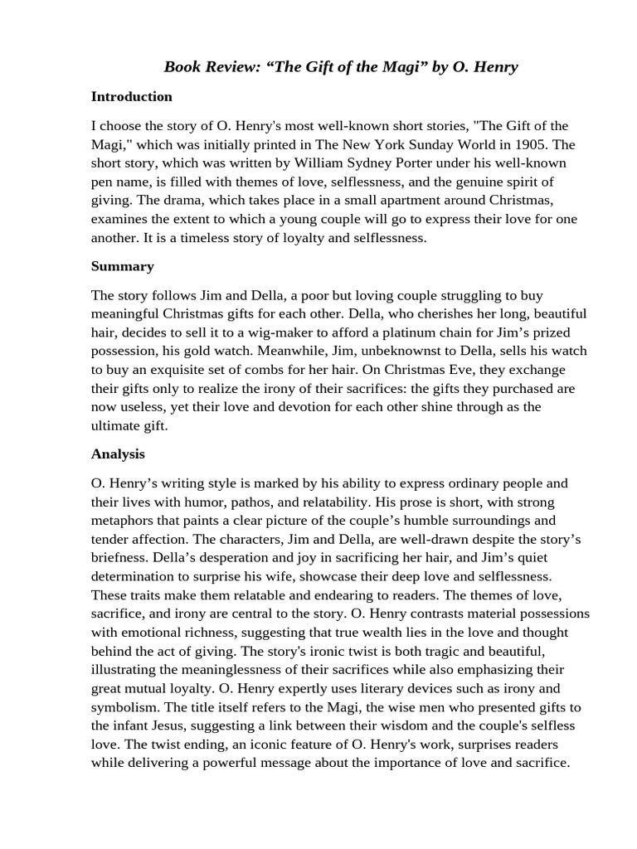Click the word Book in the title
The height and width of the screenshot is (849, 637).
tap(182, 67)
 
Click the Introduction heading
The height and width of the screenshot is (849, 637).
tap(132, 96)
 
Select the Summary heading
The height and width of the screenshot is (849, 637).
tap(123, 266)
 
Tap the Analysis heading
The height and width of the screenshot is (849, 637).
tap(118, 454)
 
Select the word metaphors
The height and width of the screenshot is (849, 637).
tap(124, 521)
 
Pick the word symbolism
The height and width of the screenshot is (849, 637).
tap(124, 707)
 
